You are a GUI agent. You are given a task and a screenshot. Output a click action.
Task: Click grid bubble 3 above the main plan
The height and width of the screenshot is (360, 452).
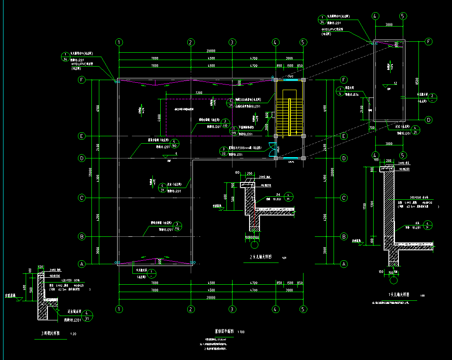pos(233,42)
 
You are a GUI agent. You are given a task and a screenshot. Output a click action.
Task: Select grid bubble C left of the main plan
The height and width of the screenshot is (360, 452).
pos(81,198)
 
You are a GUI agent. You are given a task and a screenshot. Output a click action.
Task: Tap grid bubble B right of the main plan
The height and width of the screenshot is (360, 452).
pos(344,237)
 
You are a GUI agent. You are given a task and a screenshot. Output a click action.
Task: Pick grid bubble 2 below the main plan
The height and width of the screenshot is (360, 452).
pos(190,309)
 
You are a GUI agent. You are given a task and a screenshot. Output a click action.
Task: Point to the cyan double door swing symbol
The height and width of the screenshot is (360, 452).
pos(273,149)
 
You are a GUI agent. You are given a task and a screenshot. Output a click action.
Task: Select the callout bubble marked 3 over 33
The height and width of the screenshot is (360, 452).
pos(223,151)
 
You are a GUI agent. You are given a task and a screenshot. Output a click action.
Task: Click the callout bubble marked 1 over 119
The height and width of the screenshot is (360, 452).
pos(234,131)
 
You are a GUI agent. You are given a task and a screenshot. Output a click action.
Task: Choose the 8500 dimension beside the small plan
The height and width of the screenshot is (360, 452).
pos(417,81)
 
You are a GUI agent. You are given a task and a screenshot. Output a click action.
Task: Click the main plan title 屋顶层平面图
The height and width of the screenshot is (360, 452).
pos(224,331)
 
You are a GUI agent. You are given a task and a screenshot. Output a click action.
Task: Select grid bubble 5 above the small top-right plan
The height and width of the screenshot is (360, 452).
pos(403,16)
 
